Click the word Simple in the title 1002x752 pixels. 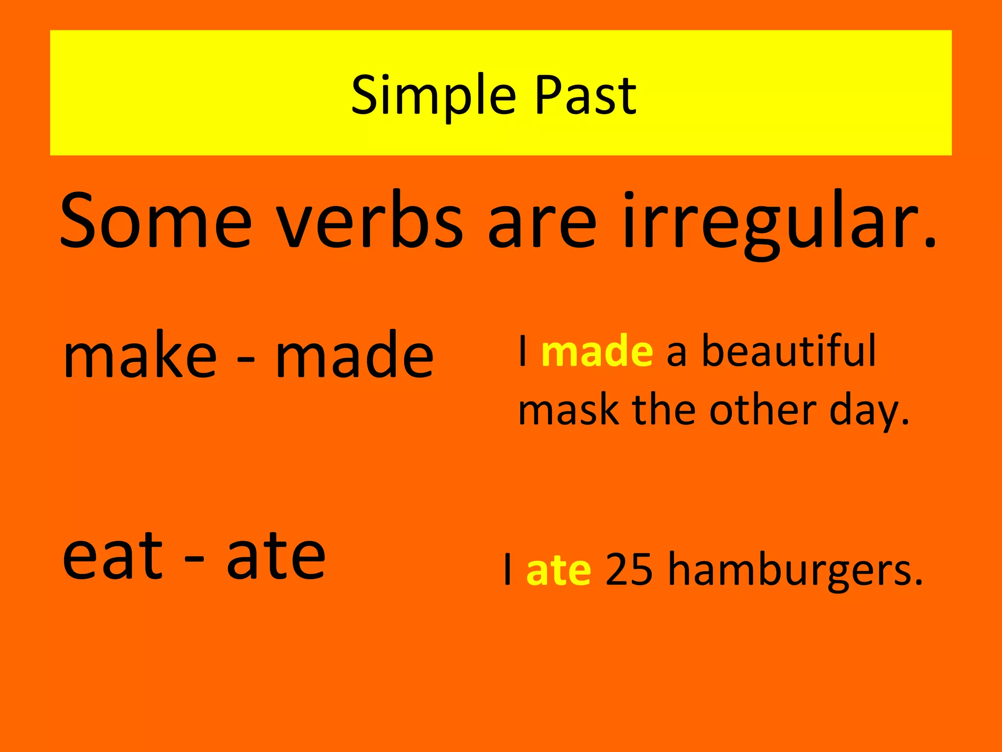[433, 96]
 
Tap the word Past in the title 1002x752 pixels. [586, 95]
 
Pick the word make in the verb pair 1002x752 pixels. [140, 354]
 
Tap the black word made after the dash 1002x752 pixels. [355, 354]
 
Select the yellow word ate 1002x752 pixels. [559, 570]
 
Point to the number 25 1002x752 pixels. [629, 569]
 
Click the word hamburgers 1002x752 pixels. [795, 570]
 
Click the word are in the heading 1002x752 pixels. [542, 223]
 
